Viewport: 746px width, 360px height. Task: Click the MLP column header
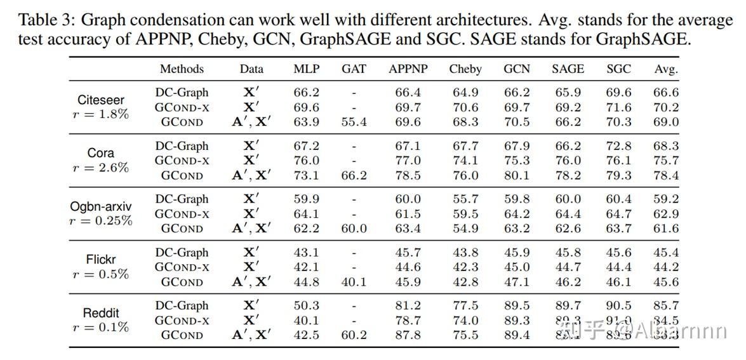coord(306,69)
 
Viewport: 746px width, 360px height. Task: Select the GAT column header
coord(354,69)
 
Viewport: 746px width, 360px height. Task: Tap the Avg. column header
coord(666,69)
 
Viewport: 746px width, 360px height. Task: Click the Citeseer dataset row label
coord(101,100)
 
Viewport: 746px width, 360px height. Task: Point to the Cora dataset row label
coord(101,153)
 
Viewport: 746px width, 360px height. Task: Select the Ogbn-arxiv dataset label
coord(101,206)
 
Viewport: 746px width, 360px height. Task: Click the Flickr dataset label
coord(101,260)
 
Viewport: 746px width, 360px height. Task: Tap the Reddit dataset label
coord(101,313)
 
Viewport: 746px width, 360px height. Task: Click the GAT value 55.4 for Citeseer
coord(354,122)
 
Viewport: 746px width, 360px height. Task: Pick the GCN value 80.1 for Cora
coord(517,175)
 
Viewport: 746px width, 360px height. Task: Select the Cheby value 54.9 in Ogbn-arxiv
coord(465,229)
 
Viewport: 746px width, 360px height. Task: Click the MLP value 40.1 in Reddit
coord(306,321)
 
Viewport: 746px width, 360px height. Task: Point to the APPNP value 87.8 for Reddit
coord(408,335)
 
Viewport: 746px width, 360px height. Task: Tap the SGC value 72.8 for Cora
coord(619,146)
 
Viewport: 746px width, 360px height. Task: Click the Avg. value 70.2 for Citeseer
coord(666,107)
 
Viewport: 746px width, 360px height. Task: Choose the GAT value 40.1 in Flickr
coord(354,282)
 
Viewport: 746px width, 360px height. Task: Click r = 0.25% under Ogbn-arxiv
coord(101,221)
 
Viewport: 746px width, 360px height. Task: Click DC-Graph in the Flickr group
coord(182,253)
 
